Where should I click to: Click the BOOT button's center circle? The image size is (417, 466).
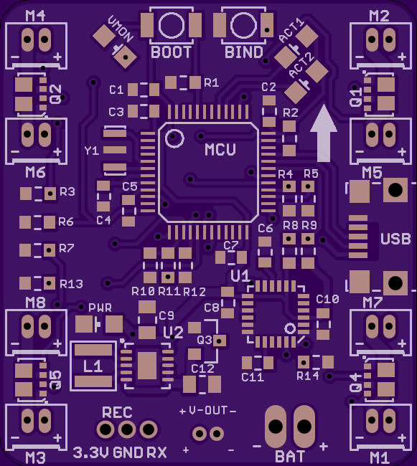point(172,25)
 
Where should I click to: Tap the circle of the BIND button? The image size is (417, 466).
point(243,25)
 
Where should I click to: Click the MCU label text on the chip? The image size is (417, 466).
point(220,150)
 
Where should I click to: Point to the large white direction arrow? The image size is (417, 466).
point(324,133)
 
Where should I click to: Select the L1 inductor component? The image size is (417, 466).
point(93,366)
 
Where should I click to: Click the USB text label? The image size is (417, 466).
point(395,239)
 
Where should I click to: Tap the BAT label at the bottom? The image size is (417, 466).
point(290,456)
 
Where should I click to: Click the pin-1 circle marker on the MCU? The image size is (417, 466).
point(174,138)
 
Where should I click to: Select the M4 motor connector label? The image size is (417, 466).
point(35,16)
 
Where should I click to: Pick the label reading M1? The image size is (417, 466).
point(380,457)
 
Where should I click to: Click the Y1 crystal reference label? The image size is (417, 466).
point(92,151)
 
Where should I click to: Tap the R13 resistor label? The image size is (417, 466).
point(71,284)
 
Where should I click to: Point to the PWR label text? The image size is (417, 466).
point(100,308)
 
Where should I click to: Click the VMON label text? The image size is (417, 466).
point(121,29)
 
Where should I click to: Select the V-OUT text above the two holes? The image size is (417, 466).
point(208,411)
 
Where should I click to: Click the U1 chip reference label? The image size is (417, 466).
point(240,276)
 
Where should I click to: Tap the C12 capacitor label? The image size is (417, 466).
point(202,368)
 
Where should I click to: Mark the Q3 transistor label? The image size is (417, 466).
point(205,340)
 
